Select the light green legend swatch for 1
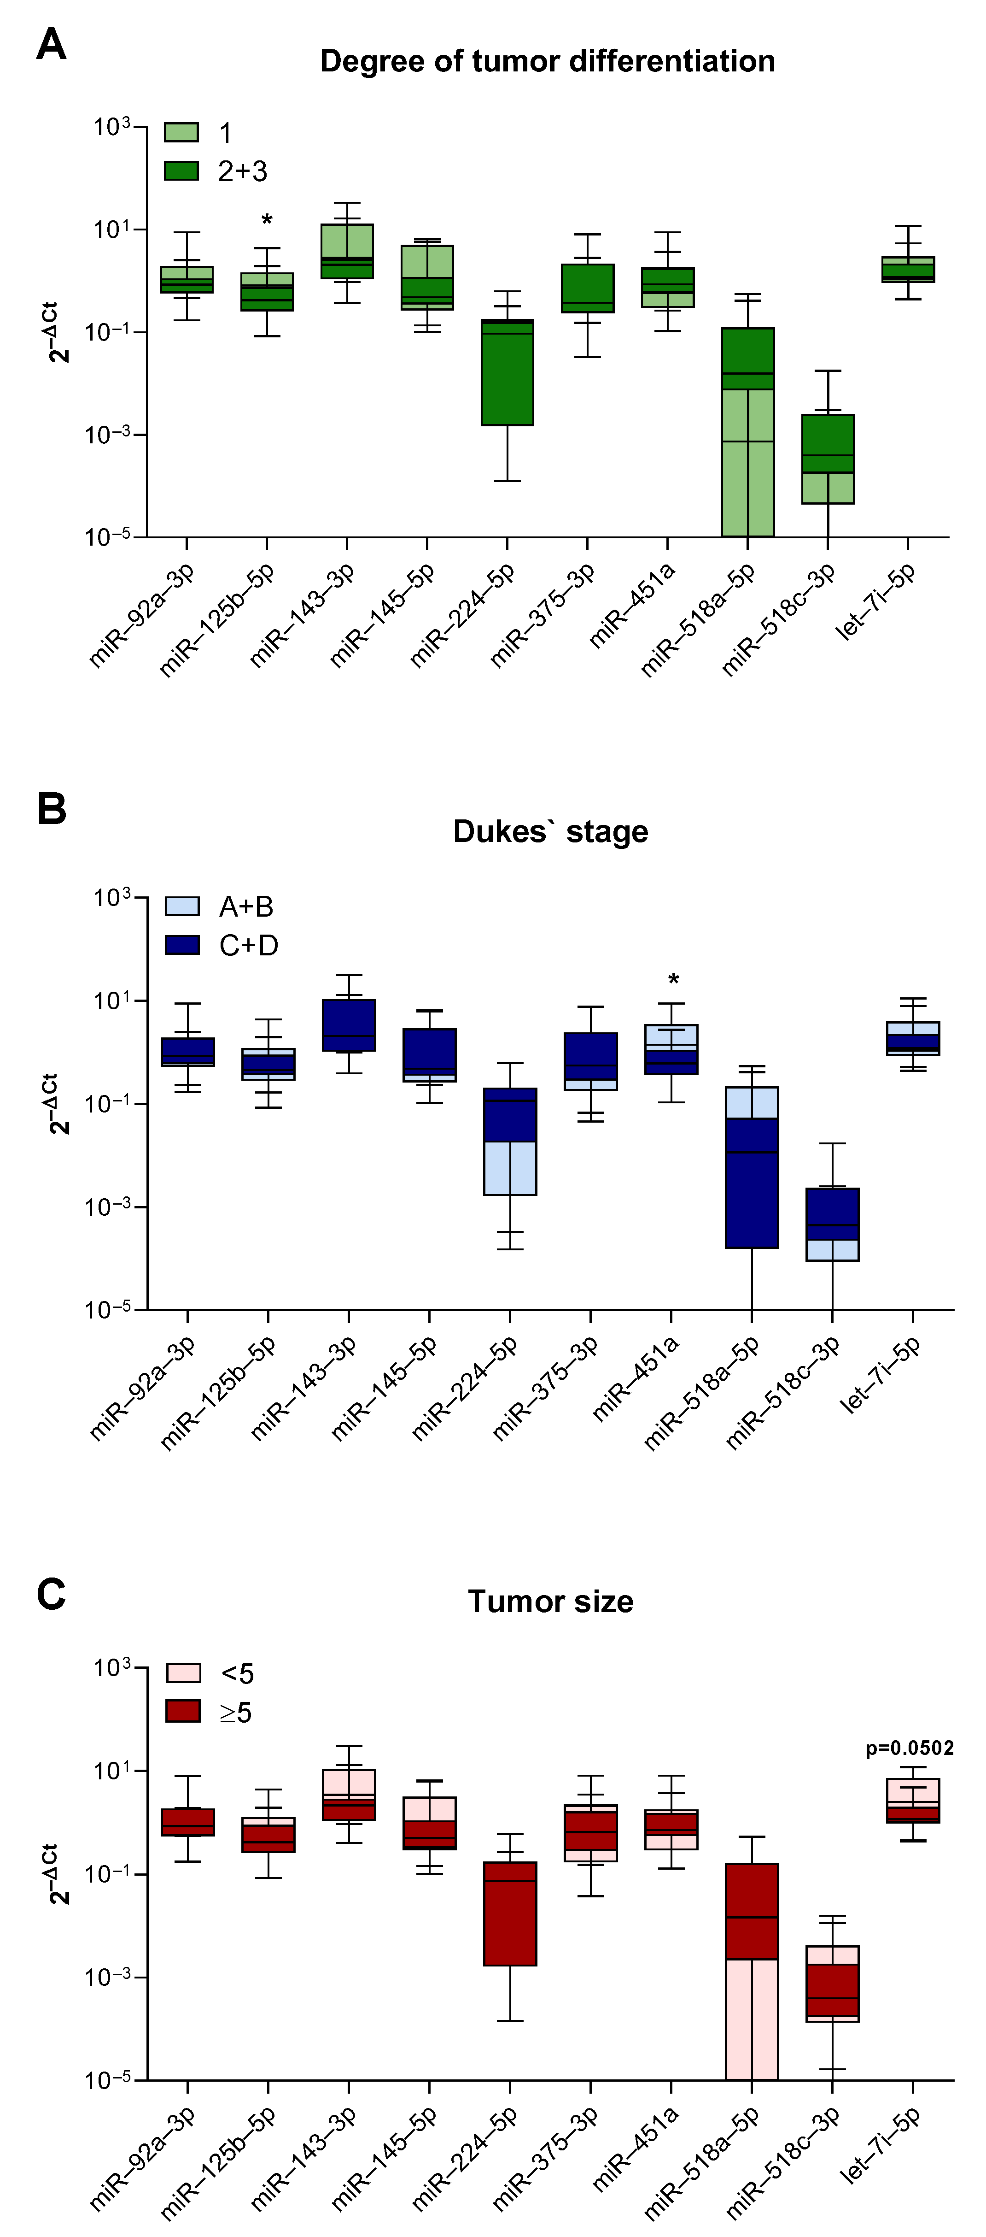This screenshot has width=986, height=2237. pyautogui.click(x=181, y=132)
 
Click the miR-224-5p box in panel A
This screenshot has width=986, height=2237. pyautogui.click(x=508, y=373)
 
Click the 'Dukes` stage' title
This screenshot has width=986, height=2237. pyautogui.click(x=550, y=831)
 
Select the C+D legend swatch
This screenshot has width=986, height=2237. pyautogui.click(x=182, y=945)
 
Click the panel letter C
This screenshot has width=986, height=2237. pyautogui.click(x=51, y=1595)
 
